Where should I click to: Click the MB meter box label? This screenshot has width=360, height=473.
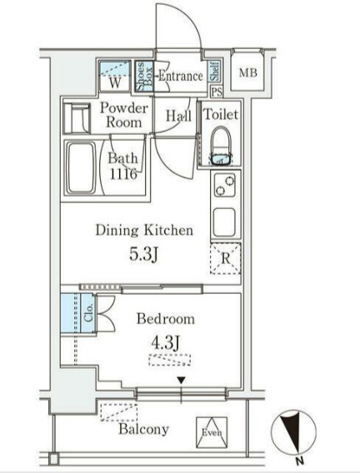pos(248,72)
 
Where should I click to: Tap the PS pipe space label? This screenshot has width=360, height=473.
pos(217,92)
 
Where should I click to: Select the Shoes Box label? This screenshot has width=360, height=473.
pos(144,77)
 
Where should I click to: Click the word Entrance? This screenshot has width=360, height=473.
pos(181,76)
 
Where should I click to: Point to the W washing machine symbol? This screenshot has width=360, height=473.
pos(115,76)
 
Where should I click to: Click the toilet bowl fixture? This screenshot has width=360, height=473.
pos(221,146)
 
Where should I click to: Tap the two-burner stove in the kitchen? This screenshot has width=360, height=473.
pos(225,185)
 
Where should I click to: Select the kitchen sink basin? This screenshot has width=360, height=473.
pos(224,223)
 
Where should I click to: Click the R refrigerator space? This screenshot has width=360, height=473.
pos(225,258)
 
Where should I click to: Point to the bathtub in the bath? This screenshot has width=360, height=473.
pos(81,167)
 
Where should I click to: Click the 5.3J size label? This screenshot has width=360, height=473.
pos(143,254)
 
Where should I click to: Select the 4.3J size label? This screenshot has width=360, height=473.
pos(165,342)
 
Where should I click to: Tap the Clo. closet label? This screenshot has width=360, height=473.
pos(88,313)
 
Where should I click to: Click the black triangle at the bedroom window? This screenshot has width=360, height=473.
pos(181,381)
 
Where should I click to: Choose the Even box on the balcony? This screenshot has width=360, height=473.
pos(212,432)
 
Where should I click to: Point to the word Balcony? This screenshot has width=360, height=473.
pos(143,429)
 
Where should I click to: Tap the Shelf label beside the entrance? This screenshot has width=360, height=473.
pos(214,72)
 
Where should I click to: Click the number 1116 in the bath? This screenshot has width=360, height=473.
pos(123,174)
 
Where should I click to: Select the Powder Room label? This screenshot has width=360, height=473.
pos(124,115)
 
